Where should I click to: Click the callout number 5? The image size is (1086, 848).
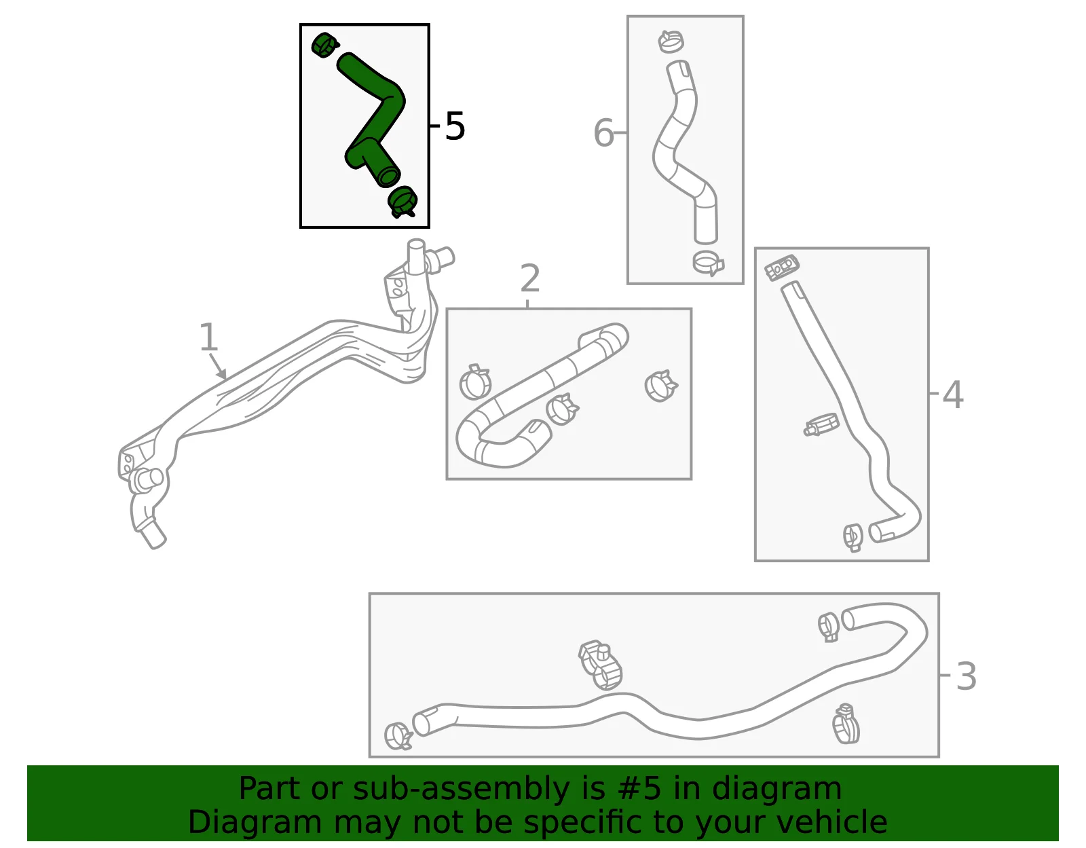tap(455, 126)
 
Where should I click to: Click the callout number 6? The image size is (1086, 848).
tap(603, 133)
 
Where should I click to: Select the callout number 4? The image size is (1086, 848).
tap(952, 394)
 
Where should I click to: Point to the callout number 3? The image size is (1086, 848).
tap(966, 677)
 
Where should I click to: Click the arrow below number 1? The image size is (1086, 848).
tap(217, 366)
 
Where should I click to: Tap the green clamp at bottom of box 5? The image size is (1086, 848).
tap(402, 202)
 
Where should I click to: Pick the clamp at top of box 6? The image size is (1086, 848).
tap(671, 41)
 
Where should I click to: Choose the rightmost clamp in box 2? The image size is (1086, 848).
tap(660, 386)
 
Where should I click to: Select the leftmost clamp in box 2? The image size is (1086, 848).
tap(474, 382)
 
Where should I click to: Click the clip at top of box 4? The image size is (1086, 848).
tap(782, 268)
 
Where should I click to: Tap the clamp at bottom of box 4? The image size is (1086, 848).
tap(853, 537)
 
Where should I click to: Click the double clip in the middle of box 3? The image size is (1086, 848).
tap(599, 665)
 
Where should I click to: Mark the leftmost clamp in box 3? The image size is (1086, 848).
tap(398, 735)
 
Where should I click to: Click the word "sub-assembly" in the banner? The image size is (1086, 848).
tap(461, 790)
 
